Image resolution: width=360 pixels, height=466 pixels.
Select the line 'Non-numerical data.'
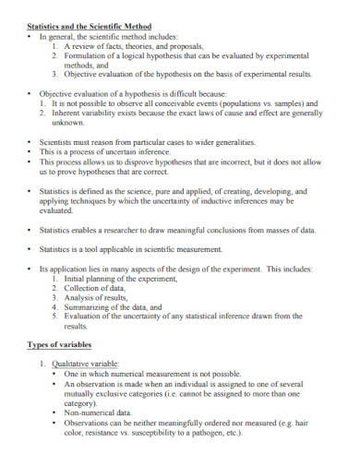point(99,412)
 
